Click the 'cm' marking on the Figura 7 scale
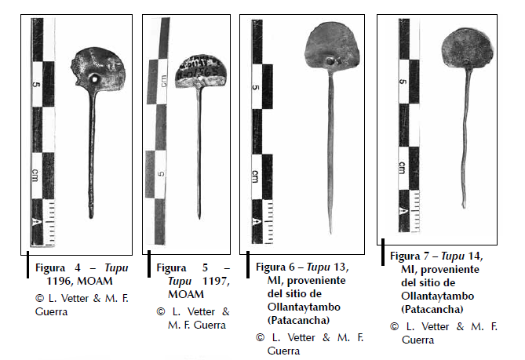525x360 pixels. (401, 167)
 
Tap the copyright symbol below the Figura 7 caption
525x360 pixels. (395, 325)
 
